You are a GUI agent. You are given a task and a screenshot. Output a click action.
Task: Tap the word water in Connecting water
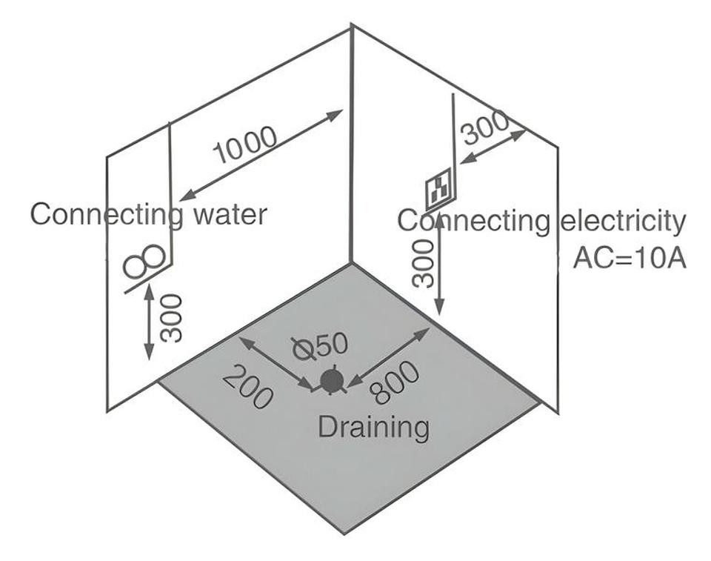coord(230,215)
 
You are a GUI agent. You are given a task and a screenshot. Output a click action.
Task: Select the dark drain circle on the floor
coord(333,380)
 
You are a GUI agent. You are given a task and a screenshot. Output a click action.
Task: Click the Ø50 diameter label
coord(320,346)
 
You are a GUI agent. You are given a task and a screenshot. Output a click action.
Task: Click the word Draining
coord(373,427)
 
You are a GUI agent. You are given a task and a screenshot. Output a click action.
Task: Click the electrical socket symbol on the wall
coord(439,189)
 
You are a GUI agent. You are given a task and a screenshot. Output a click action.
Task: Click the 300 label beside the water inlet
coord(172,318)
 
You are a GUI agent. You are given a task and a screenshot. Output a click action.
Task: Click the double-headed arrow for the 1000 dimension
coord(261,155)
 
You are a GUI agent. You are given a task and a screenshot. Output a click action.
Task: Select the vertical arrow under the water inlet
coord(149,321)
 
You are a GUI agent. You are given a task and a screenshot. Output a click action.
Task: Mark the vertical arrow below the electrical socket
coord(439,268)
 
